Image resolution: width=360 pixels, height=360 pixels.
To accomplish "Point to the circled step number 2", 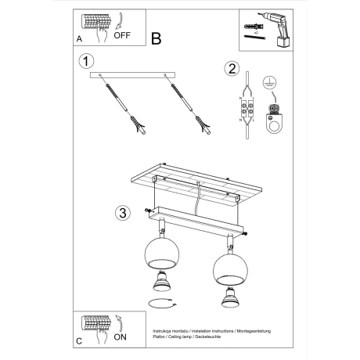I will tap(231, 69).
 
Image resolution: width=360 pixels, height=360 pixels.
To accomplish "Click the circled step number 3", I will tap(121, 212).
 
